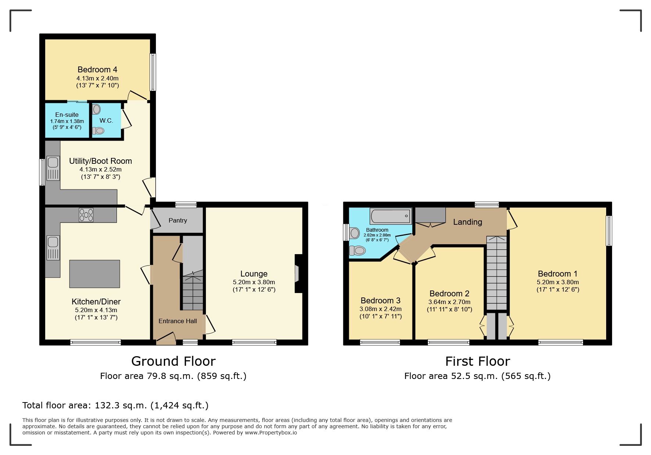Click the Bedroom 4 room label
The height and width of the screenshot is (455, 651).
tap(97, 69)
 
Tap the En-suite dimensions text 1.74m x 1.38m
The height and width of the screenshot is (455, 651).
tap(67, 121)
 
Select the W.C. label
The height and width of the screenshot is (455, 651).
tap(106, 120)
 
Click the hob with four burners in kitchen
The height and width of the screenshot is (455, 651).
tap(86, 215)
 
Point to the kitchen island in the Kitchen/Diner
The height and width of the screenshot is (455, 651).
tap(94, 274)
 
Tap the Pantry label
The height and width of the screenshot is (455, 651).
tap(178, 220)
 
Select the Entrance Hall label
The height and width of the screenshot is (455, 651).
tap(178, 321)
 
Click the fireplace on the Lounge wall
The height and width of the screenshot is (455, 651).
tap(297, 274)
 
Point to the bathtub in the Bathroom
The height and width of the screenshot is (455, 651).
tap(391, 216)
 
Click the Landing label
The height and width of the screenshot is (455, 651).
tap(467, 222)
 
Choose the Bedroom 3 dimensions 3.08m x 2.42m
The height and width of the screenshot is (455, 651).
tap(380, 309)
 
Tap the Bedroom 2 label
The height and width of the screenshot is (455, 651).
tap(449, 293)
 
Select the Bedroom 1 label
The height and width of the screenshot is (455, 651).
tap(557, 274)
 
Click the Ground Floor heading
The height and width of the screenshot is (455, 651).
tap(173, 361)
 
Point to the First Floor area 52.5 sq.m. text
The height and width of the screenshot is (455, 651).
tap(477, 376)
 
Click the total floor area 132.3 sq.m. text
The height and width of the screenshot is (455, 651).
tap(115, 405)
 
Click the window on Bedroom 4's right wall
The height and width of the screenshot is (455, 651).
tap(153, 72)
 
